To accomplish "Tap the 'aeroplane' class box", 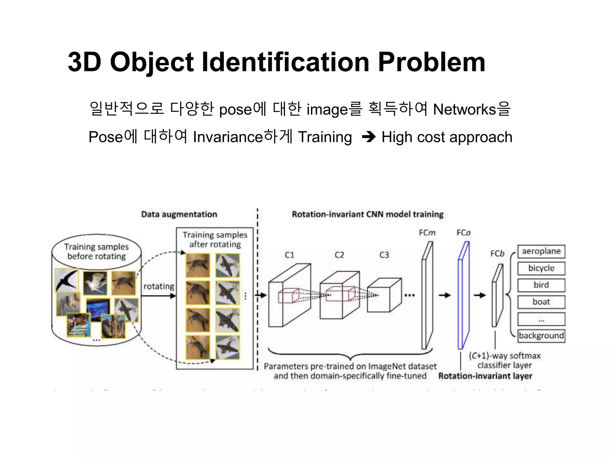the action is [541, 251].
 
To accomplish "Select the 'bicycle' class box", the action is [541, 268].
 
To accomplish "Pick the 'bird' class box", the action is [541, 285].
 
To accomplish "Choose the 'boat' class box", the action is [541, 302].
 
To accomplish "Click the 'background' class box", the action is [541, 336].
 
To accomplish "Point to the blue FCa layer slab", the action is [463, 296].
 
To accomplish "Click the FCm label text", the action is [427, 232].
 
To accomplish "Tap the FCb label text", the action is [497, 254].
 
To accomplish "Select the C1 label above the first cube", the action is [289, 255].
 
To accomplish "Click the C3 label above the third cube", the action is [384, 255].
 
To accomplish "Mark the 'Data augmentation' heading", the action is [179, 214].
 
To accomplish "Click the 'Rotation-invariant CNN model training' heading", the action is [368, 214].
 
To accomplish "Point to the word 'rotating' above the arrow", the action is [159, 286].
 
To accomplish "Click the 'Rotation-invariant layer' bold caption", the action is [485, 376].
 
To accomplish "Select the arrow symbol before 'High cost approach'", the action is [369, 137].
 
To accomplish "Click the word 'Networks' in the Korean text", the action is [464, 109].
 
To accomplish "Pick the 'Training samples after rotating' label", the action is [215, 239].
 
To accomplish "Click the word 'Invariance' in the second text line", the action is [228, 137].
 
